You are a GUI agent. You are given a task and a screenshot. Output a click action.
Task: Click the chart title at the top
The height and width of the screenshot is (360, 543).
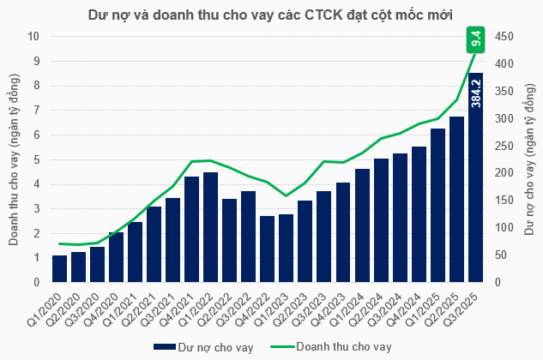(x=271, y=15)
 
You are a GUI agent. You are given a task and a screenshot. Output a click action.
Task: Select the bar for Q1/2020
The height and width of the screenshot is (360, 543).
(x=60, y=268)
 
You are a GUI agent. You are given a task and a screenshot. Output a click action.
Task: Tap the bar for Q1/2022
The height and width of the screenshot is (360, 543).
(x=211, y=227)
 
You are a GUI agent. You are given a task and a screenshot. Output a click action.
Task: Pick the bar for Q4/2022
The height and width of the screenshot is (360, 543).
(x=268, y=249)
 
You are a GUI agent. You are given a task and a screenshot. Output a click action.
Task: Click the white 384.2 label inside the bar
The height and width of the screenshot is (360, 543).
(x=476, y=94)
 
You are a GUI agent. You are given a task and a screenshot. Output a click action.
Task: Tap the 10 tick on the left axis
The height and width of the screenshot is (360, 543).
(x=34, y=36)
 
